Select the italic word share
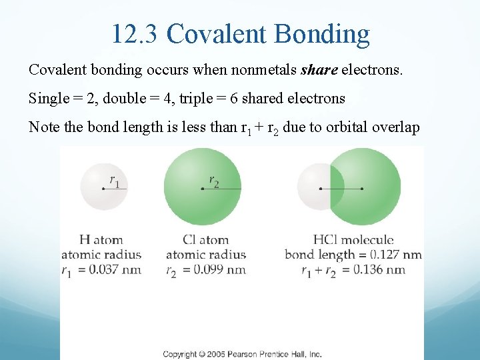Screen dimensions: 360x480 tap(320, 69)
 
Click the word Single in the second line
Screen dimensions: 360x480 tap(49, 99)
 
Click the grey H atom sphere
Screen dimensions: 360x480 tap(103, 187)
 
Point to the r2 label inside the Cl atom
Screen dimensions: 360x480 tap(214, 179)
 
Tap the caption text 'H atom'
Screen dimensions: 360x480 tap(101, 239)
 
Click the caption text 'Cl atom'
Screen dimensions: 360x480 tap(205, 239)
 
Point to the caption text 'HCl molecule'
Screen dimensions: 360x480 tap(353, 239)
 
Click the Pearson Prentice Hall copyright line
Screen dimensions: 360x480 tap(243, 354)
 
